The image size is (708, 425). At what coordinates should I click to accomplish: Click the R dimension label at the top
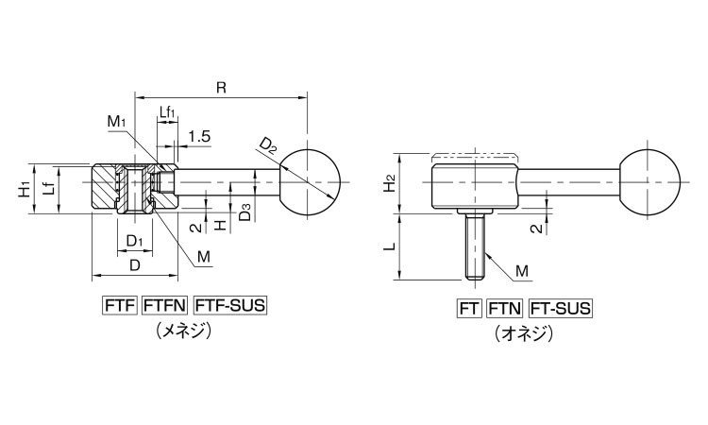coord(221,87)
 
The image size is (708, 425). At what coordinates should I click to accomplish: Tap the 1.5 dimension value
coord(199,136)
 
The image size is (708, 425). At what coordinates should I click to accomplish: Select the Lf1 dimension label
coord(166,112)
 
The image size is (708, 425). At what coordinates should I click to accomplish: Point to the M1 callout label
coord(116,122)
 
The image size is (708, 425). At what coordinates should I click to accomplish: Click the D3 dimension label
coord(245,212)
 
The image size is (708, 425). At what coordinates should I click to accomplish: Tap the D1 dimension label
coord(134,241)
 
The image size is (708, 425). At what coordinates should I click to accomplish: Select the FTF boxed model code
coord(120,306)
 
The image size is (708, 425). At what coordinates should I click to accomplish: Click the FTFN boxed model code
coord(165,306)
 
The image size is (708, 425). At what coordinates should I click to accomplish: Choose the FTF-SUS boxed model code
coord(229,306)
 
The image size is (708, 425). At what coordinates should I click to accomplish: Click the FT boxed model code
coord(469,309)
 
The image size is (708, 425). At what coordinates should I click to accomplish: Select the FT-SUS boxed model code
coord(561,309)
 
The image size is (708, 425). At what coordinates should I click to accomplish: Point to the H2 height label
coord(391,183)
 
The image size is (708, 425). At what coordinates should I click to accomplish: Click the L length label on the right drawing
coord(391,246)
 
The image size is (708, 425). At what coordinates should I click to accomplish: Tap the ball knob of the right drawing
coord(649,182)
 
